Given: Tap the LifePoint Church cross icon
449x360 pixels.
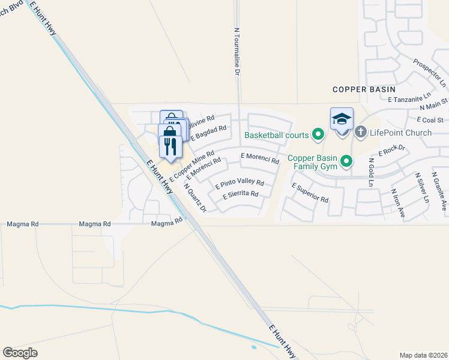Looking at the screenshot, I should [360, 132].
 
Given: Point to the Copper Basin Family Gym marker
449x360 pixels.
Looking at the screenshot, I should [346, 161].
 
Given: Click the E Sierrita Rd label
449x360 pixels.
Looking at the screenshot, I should [240, 195].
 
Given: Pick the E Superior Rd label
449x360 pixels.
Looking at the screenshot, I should [310, 193].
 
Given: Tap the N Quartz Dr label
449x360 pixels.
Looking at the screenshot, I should [195, 198].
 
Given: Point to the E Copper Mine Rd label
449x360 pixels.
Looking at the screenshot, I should [192, 166].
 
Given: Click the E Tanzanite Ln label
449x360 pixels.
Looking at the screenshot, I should [409, 97].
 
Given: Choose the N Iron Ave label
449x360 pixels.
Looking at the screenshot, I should [398, 204].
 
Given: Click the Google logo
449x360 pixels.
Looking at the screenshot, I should [20, 353].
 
